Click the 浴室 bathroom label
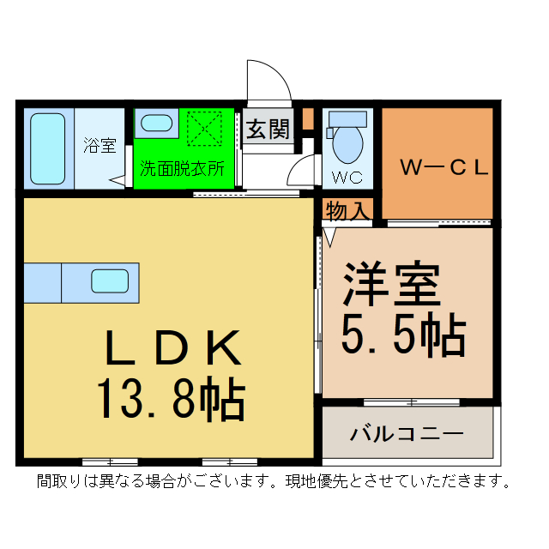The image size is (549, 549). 100,146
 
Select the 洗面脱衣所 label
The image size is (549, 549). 183,168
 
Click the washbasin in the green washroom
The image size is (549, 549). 156,123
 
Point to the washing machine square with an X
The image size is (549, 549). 206,130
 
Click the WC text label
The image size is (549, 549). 347,178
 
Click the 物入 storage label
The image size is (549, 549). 347,210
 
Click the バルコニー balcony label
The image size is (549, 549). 406,433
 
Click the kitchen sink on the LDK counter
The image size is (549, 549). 109,281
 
